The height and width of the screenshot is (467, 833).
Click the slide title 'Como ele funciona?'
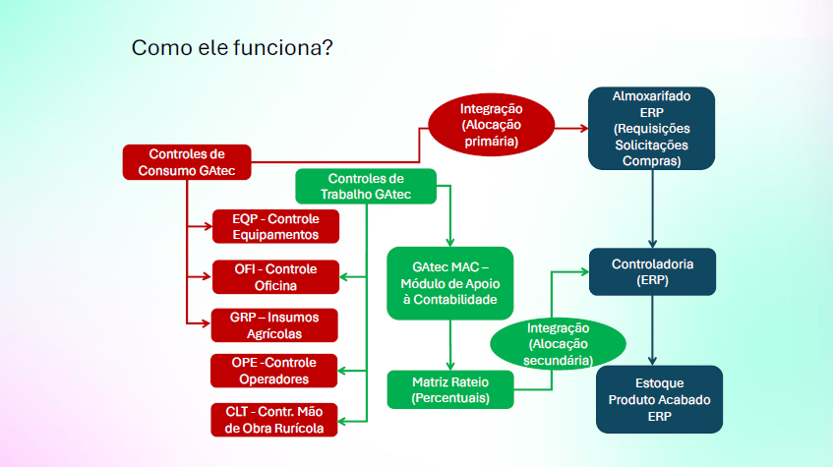(x=231, y=47)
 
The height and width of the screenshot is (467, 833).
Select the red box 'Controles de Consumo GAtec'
(x=186, y=162)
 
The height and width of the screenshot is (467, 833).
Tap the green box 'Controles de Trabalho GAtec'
(x=366, y=187)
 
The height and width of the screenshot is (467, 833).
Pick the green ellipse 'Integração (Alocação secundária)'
(x=558, y=344)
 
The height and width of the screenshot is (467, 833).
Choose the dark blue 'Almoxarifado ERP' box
(x=651, y=128)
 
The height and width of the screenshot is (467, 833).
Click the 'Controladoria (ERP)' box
(x=652, y=272)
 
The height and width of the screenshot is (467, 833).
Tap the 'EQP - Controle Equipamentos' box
(x=275, y=226)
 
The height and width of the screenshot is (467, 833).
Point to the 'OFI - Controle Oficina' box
(x=275, y=277)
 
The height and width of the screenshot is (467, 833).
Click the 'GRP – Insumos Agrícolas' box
(x=275, y=325)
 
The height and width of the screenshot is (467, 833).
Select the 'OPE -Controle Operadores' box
(x=275, y=371)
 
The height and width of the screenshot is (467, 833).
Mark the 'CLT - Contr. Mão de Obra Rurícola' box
(x=275, y=419)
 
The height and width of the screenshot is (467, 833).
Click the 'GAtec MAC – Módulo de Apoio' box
(x=450, y=282)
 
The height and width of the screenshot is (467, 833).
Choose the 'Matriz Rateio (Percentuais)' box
(x=450, y=389)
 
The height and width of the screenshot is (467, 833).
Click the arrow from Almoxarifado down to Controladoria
(x=653, y=208)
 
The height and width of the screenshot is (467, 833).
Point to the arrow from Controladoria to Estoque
(x=653, y=329)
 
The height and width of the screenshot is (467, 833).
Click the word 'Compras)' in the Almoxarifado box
(x=651, y=160)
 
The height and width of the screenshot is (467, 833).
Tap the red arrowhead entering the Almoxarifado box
(x=582, y=127)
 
